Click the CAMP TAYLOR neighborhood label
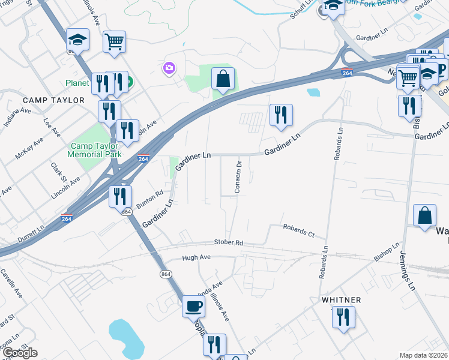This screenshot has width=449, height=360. (x=54, y=100)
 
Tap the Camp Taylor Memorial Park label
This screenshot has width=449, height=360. (x=96, y=150)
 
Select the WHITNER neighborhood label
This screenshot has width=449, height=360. (x=341, y=299)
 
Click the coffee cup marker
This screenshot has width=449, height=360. (x=193, y=305)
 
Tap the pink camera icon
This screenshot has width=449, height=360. (x=169, y=68)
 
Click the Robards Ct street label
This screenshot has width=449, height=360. (x=299, y=230)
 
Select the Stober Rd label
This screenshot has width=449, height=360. (x=228, y=242)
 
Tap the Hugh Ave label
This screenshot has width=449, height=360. (x=196, y=257)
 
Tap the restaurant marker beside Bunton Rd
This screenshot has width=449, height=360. (x=120, y=196)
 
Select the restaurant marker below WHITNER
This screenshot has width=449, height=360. (x=343, y=317)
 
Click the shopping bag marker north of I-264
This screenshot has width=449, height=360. (x=223, y=79)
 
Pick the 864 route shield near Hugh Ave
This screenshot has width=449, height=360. (x=166, y=274)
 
